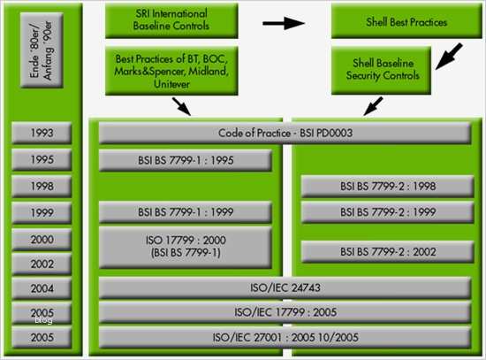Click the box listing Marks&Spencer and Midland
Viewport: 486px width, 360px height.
pos(171,70)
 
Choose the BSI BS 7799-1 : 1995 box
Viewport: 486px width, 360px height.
pos(185,160)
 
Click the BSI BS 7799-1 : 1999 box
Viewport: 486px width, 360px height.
pos(185,212)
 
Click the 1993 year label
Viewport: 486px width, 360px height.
pos(41,134)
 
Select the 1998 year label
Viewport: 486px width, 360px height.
pos(41,186)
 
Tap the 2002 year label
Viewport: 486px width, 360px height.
pos(41,264)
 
